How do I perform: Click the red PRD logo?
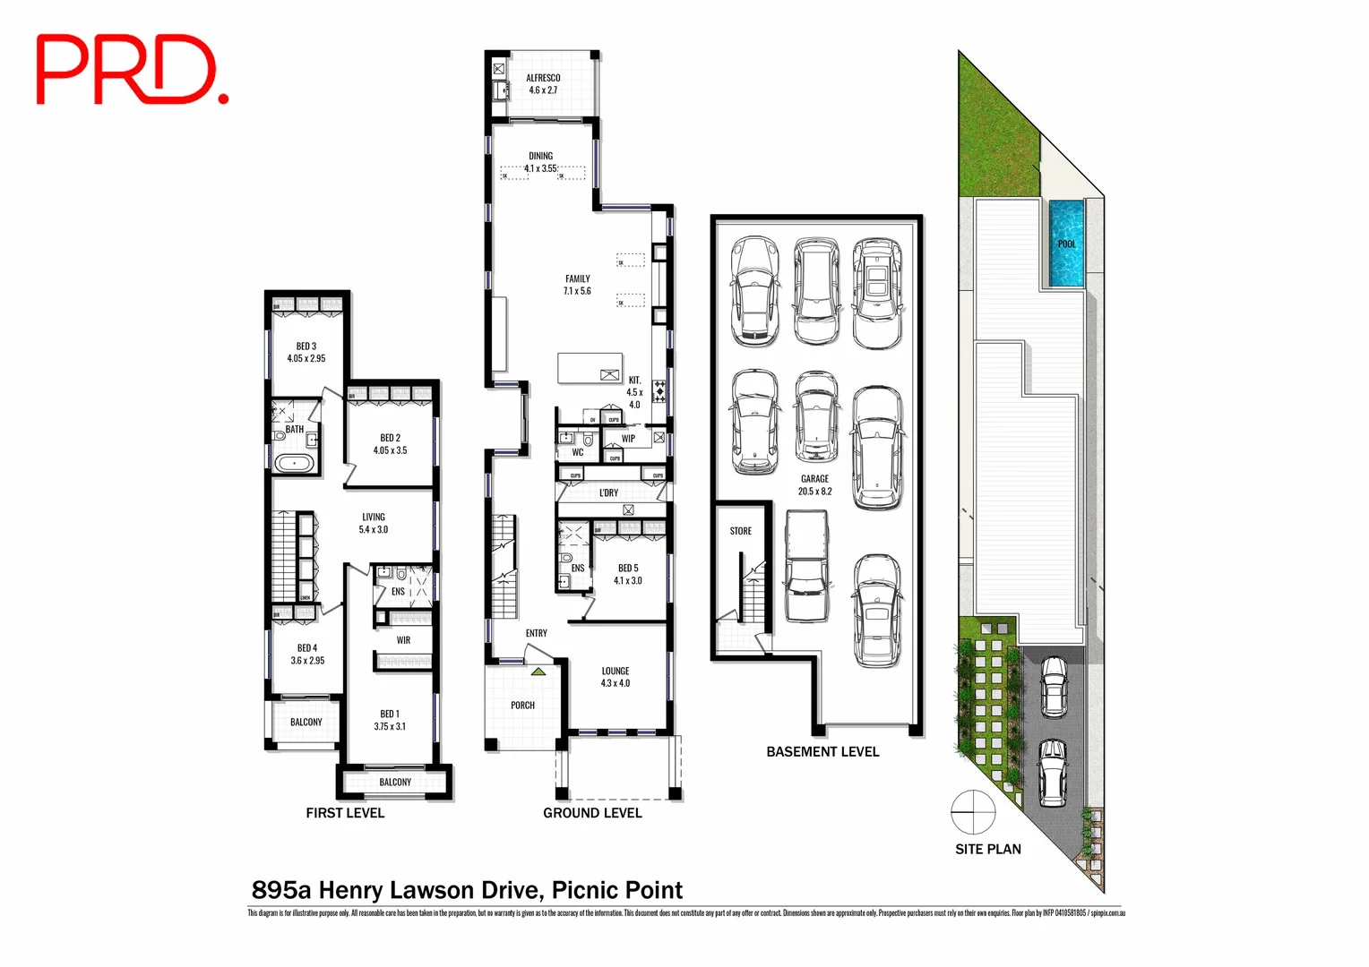pos(131,70)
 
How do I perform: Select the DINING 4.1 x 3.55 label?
pos(540,162)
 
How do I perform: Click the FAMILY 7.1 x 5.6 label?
pos(577,285)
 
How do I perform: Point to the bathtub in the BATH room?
pos(294,463)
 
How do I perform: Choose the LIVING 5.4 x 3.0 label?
pos(374,523)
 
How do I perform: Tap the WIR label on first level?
pos(403,640)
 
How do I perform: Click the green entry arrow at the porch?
pos(538,670)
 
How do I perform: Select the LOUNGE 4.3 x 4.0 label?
pos(616,677)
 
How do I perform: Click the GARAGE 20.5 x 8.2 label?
pos(814,484)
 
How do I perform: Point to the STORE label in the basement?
pos(741,531)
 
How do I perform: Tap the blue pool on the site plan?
pos(1066,244)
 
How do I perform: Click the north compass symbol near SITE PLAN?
pos(973,812)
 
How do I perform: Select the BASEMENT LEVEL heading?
pos(822,752)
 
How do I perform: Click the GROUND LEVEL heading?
pos(592,813)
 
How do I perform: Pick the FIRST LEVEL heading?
pos(345,813)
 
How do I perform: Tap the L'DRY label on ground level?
pos(608,492)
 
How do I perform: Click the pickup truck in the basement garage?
pos(806,567)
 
